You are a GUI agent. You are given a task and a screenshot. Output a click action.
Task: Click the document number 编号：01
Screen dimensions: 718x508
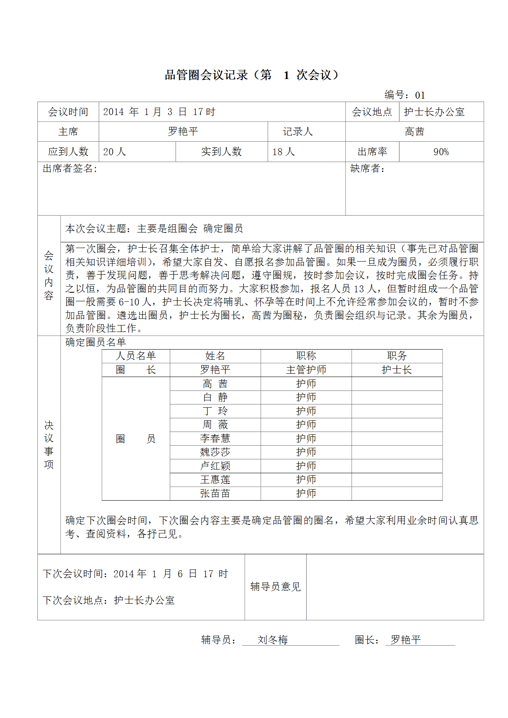click(404, 95)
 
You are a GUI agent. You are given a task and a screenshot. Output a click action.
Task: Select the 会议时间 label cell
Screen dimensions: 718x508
click(68, 112)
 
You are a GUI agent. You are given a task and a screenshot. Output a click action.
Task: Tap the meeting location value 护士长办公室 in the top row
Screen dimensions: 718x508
click(434, 112)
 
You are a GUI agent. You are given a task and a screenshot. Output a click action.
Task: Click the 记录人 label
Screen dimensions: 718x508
click(298, 131)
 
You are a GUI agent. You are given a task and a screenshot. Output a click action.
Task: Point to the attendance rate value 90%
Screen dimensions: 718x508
click(441, 152)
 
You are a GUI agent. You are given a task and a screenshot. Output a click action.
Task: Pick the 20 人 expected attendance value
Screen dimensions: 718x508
click(114, 152)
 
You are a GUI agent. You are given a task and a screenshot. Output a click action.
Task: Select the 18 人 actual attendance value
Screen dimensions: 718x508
click(283, 152)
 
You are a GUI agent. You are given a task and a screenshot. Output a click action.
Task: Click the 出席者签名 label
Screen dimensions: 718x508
click(70, 169)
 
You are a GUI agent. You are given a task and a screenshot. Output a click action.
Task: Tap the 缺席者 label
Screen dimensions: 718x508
click(367, 169)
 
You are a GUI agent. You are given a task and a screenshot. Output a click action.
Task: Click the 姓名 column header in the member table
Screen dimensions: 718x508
click(215, 356)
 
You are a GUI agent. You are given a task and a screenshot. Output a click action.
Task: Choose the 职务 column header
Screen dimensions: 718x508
click(397, 356)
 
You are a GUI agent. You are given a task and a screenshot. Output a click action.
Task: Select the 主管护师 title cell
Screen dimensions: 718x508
click(306, 370)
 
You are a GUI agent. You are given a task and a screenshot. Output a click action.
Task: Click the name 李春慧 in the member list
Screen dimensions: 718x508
click(215, 438)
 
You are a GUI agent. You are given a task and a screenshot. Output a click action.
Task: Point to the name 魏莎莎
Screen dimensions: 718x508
click(215, 452)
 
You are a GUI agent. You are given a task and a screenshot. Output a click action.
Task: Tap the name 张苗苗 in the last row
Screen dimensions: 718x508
click(215, 494)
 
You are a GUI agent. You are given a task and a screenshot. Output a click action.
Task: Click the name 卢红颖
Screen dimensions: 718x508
click(215, 466)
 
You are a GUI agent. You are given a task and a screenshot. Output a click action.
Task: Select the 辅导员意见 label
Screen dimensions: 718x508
click(275, 587)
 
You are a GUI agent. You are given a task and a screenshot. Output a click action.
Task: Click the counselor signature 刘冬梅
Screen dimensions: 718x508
click(273, 640)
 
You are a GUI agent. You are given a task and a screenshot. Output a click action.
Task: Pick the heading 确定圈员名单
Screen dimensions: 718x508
click(95, 342)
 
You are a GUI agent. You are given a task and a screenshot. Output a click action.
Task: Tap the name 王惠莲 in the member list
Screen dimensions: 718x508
click(215, 480)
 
